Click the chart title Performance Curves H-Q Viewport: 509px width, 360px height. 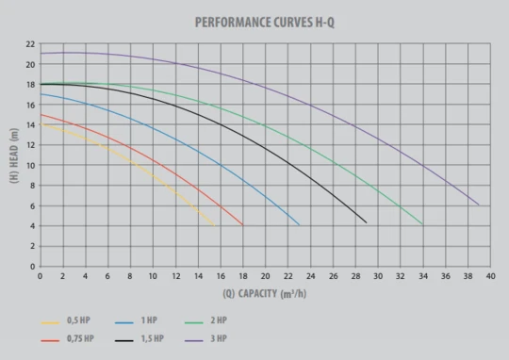[265, 23]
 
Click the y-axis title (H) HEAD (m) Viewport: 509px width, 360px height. [14, 155]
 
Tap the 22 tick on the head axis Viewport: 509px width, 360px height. [30, 44]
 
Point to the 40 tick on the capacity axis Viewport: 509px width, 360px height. [490, 276]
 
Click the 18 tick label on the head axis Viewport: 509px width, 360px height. [30, 85]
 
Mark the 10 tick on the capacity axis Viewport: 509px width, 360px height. [153, 276]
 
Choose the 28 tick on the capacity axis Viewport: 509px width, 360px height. [355, 276]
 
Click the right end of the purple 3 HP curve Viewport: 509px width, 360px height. [479, 205]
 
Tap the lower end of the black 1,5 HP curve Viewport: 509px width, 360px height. [367, 222]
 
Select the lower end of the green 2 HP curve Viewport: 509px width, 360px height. [422, 224]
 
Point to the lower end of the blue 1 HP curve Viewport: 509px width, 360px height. [299, 225]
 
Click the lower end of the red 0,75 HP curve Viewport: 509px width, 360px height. [242, 225]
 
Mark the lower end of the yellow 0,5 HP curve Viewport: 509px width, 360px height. [214, 225]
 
